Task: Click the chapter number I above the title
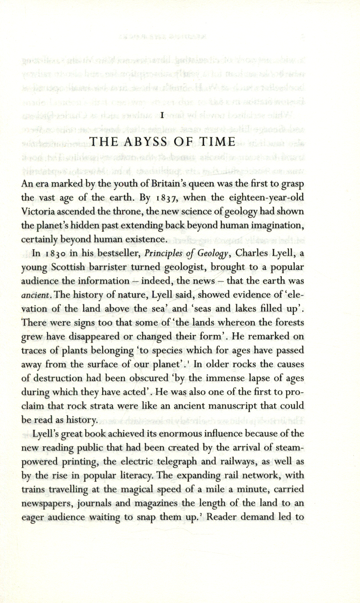[x=162, y=115]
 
